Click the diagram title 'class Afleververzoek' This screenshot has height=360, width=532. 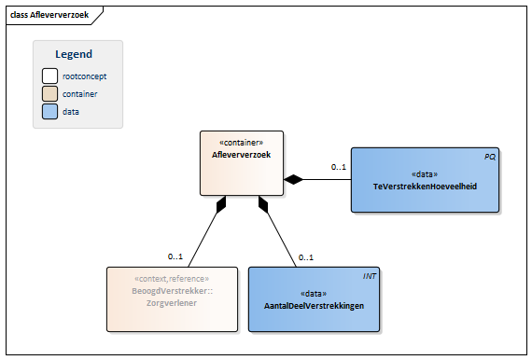pyautogui.click(x=49, y=14)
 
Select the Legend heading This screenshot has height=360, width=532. pyautogui.click(x=74, y=54)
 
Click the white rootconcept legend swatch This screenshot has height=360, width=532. pyautogui.click(x=49, y=76)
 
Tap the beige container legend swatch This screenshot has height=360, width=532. pyautogui.click(x=49, y=94)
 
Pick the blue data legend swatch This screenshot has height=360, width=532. pyautogui.click(x=49, y=112)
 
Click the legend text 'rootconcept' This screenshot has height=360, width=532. pyautogui.click(x=85, y=76)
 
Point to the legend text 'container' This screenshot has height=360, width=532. pyautogui.click(x=80, y=94)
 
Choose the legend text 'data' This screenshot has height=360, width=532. pyautogui.click(x=71, y=112)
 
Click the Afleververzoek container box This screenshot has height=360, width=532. pyautogui.click(x=241, y=163)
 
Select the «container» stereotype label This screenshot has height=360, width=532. pyautogui.click(x=241, y=143)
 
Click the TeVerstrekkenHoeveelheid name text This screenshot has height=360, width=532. pyautogui.click(x=425, y=187)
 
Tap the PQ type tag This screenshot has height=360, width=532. pyautogui.click(x=490, y=158)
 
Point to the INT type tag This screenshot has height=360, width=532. pyautogui.click(x=371, y=277)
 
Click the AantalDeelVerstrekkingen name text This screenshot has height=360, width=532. pyautogui.click(x=315, y=306)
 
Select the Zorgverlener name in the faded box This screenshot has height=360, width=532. pyautogui.click(x=172, y=303)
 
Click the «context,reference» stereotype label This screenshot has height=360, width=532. pyautogui.click(x=172, y=279)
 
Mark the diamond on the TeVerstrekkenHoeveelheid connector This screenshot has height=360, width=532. pyautogui.click(x=295, y=179)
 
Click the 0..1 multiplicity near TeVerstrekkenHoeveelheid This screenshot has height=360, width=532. pyautogui.click(x=338, y=168)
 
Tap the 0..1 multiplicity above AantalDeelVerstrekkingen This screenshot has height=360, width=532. pyautogui.click(x=305, y=257)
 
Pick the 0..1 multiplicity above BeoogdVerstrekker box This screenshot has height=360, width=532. pyautogui.click(x=175, y=256)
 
